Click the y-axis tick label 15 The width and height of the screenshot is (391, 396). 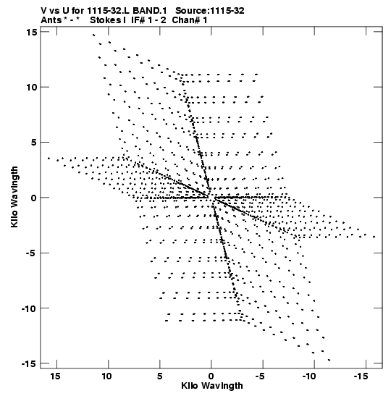coord(32,32)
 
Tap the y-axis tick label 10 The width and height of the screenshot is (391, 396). coord(32,88)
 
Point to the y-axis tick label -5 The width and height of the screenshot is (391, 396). coord(31,253)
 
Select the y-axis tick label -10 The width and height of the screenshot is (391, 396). coord(28,308)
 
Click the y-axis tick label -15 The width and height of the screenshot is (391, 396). coord(28,363)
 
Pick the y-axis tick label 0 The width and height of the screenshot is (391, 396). coord(34,198)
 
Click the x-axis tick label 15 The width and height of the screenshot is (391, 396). coord(55,376)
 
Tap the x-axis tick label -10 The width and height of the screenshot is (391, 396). coord(309,376)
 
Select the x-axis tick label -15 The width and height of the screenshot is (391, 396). coord(361,376)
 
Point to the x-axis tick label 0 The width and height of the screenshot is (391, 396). coord(211,376)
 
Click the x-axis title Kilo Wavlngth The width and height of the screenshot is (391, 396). coord(212,386)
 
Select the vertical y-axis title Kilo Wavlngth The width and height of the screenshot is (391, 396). coord(14,197)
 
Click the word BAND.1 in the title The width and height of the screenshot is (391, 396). coord(150,11)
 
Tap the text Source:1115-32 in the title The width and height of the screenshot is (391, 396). coord(210,11)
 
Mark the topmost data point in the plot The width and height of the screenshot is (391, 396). coord(93,35)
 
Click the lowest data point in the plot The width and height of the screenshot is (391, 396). coord(329,360)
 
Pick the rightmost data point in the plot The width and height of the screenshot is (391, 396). coord(374,237)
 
